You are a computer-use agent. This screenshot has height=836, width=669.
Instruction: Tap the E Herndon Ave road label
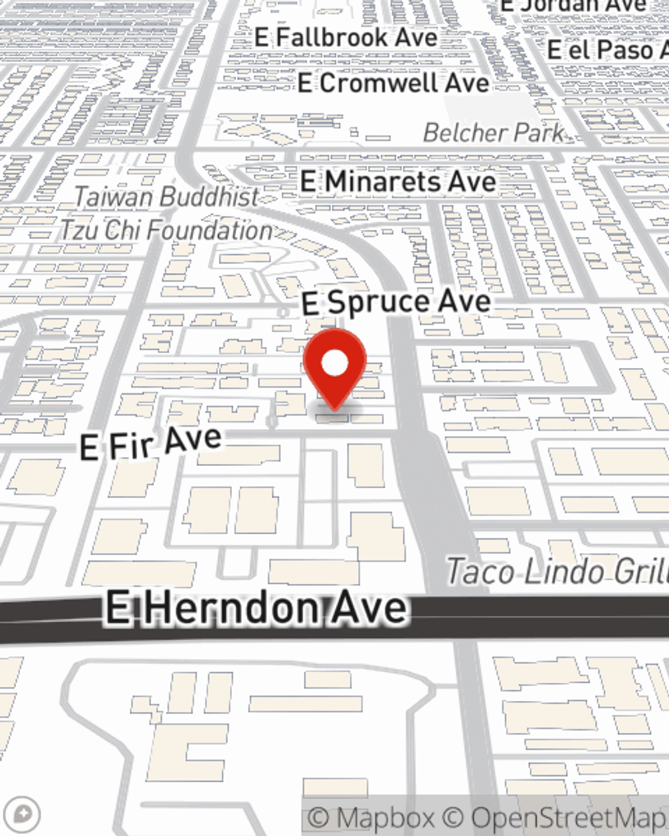[256, 608]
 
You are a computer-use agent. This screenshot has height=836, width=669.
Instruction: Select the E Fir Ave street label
[151, 443]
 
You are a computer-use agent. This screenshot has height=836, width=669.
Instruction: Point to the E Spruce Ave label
[396, 302]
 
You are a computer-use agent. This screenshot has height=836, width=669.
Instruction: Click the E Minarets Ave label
[398, 181]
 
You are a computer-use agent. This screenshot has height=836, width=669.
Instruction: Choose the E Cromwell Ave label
[393, 84]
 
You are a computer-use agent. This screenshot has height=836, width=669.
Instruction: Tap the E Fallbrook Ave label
[346, 37]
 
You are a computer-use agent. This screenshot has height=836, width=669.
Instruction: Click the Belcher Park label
[494, 132]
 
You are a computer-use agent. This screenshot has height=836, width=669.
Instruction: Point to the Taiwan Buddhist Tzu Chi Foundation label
[166, 213]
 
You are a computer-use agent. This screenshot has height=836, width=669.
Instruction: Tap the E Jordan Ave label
[574, 6]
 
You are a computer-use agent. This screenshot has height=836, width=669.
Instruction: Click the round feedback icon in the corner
[23, 814]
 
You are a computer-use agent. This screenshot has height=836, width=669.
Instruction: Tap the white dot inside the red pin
[334, 364]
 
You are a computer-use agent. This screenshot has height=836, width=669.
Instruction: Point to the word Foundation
[209, 230]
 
